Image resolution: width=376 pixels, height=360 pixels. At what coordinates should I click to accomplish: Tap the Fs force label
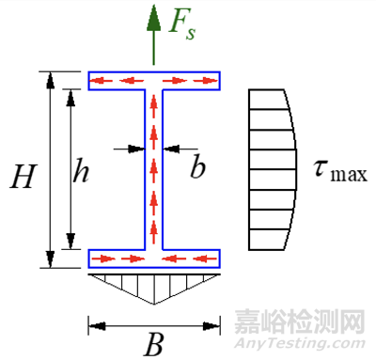click(181, 25)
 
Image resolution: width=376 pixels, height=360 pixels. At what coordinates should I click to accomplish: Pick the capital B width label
click(154, 345)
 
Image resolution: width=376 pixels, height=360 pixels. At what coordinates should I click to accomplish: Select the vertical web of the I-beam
click(154, 169)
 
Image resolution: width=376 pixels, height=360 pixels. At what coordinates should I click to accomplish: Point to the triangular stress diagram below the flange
click(154, 284)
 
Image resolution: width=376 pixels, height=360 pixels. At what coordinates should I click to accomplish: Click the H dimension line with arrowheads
click(48, 169)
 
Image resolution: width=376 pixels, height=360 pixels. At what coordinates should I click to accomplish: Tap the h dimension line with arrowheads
click(68, 169)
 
